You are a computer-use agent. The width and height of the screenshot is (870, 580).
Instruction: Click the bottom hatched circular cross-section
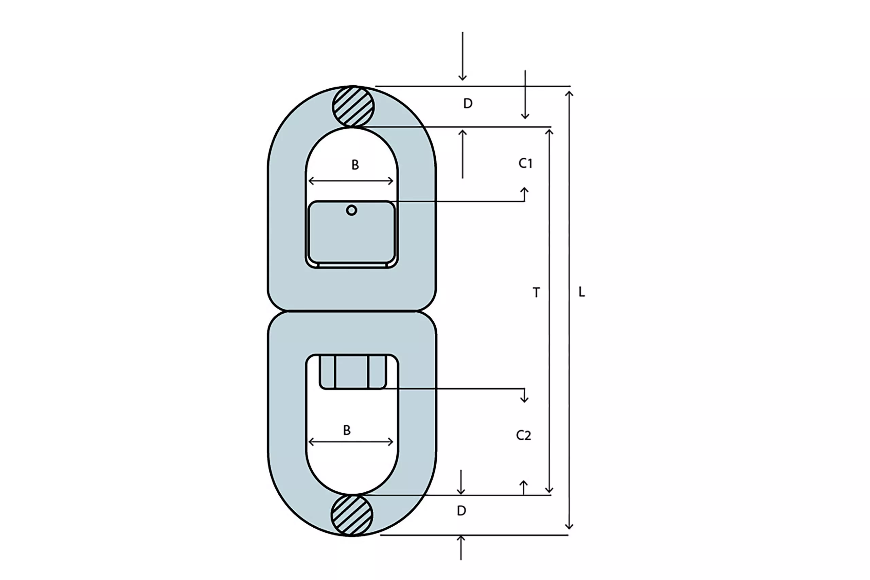(352, 515)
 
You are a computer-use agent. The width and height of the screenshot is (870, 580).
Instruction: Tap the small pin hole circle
(351, 210)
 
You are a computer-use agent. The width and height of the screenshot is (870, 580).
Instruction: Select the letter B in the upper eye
(355, 164)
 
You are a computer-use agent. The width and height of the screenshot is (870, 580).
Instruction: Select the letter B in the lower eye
(347, 430)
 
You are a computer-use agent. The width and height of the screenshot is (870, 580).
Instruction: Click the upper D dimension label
(468, 104)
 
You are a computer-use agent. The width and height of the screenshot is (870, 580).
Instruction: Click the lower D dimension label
(461, 511)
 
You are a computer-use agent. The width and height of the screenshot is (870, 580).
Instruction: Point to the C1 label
(525, 163)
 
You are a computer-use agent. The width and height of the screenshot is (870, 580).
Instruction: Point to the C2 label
(523, 435)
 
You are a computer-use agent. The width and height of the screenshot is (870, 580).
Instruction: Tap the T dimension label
(536, 293)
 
